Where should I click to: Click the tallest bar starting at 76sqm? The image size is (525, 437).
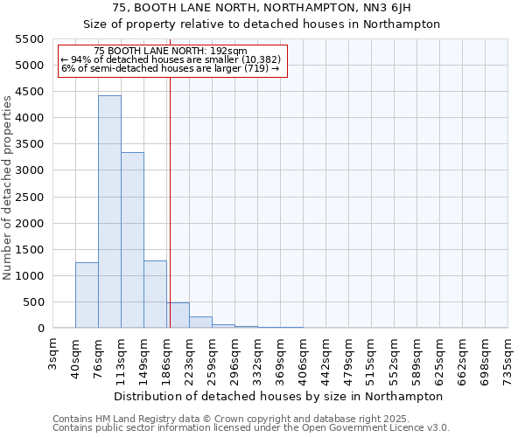pyautogui.click(x=109, y=212)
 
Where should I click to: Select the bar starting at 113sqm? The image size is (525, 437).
pyautogui.click(x=132, y=240)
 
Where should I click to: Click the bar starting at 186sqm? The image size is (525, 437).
pyautogui.click(x=178, y=316)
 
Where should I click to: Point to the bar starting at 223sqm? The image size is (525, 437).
pyautogui.click(x=200, y=322)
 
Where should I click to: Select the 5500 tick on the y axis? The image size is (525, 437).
pyautogui.click(x=30, y=39)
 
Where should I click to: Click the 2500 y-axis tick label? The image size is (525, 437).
pyautogui.click(x=30, y=198)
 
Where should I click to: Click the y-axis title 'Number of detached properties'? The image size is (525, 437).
pyautogui.click(x=9, y=188)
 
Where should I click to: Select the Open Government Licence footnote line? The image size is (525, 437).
pyautogui.click(x=251, y=428)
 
